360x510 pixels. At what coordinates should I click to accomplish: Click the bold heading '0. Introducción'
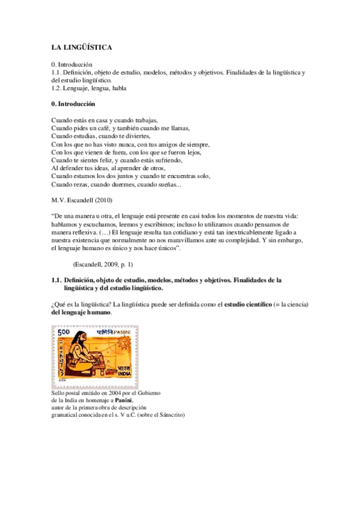[x=73, y=104]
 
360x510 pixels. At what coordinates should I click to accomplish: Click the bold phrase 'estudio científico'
[x=246, y=305]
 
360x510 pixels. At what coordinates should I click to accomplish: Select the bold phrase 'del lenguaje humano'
[x=81, y=313]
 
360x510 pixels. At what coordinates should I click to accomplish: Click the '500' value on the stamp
[x=64, y=332]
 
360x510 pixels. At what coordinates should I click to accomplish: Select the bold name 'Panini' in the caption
[x=124, y=399]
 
